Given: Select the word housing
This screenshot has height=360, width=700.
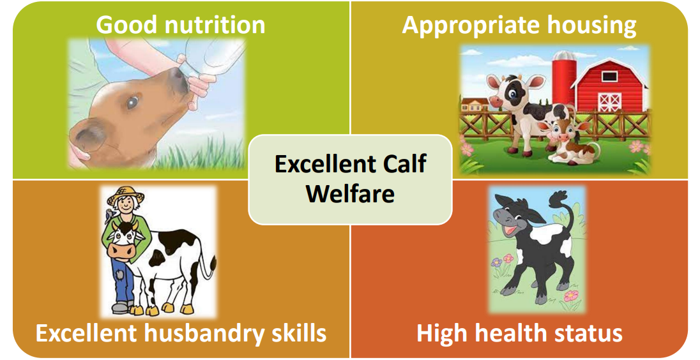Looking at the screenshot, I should pos(587,25).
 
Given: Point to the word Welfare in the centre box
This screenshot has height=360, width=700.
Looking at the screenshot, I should pos(350,193).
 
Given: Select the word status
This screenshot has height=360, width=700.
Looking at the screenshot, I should pos(587,333).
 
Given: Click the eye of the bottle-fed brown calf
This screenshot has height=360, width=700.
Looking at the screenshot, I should pos(132,101).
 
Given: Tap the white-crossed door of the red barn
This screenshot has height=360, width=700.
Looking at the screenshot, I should pos(609,101).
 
